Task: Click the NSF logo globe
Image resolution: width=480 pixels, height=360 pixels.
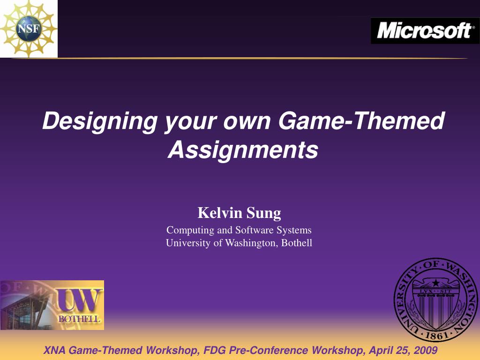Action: tap(29, 29)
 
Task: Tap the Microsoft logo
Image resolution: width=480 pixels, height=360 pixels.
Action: tap(425, 30)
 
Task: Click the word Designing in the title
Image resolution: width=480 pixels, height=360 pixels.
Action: tap(100, 121)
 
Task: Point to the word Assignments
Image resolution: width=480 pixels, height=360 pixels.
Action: tap(243, 150)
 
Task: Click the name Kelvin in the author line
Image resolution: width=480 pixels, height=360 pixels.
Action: tap(220, 212)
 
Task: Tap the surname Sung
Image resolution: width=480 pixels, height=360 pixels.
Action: tap(263, 213)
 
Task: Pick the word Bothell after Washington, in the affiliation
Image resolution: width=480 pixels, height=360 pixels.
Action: tap(297, 243)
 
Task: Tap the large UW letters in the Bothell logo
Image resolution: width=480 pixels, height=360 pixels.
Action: tap(79, 300)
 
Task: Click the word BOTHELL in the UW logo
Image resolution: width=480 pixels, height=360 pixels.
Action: tap(79, 319)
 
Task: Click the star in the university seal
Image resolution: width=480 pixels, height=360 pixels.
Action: tap(435, 283)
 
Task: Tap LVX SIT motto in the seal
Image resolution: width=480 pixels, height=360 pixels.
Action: tap(435, 292)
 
